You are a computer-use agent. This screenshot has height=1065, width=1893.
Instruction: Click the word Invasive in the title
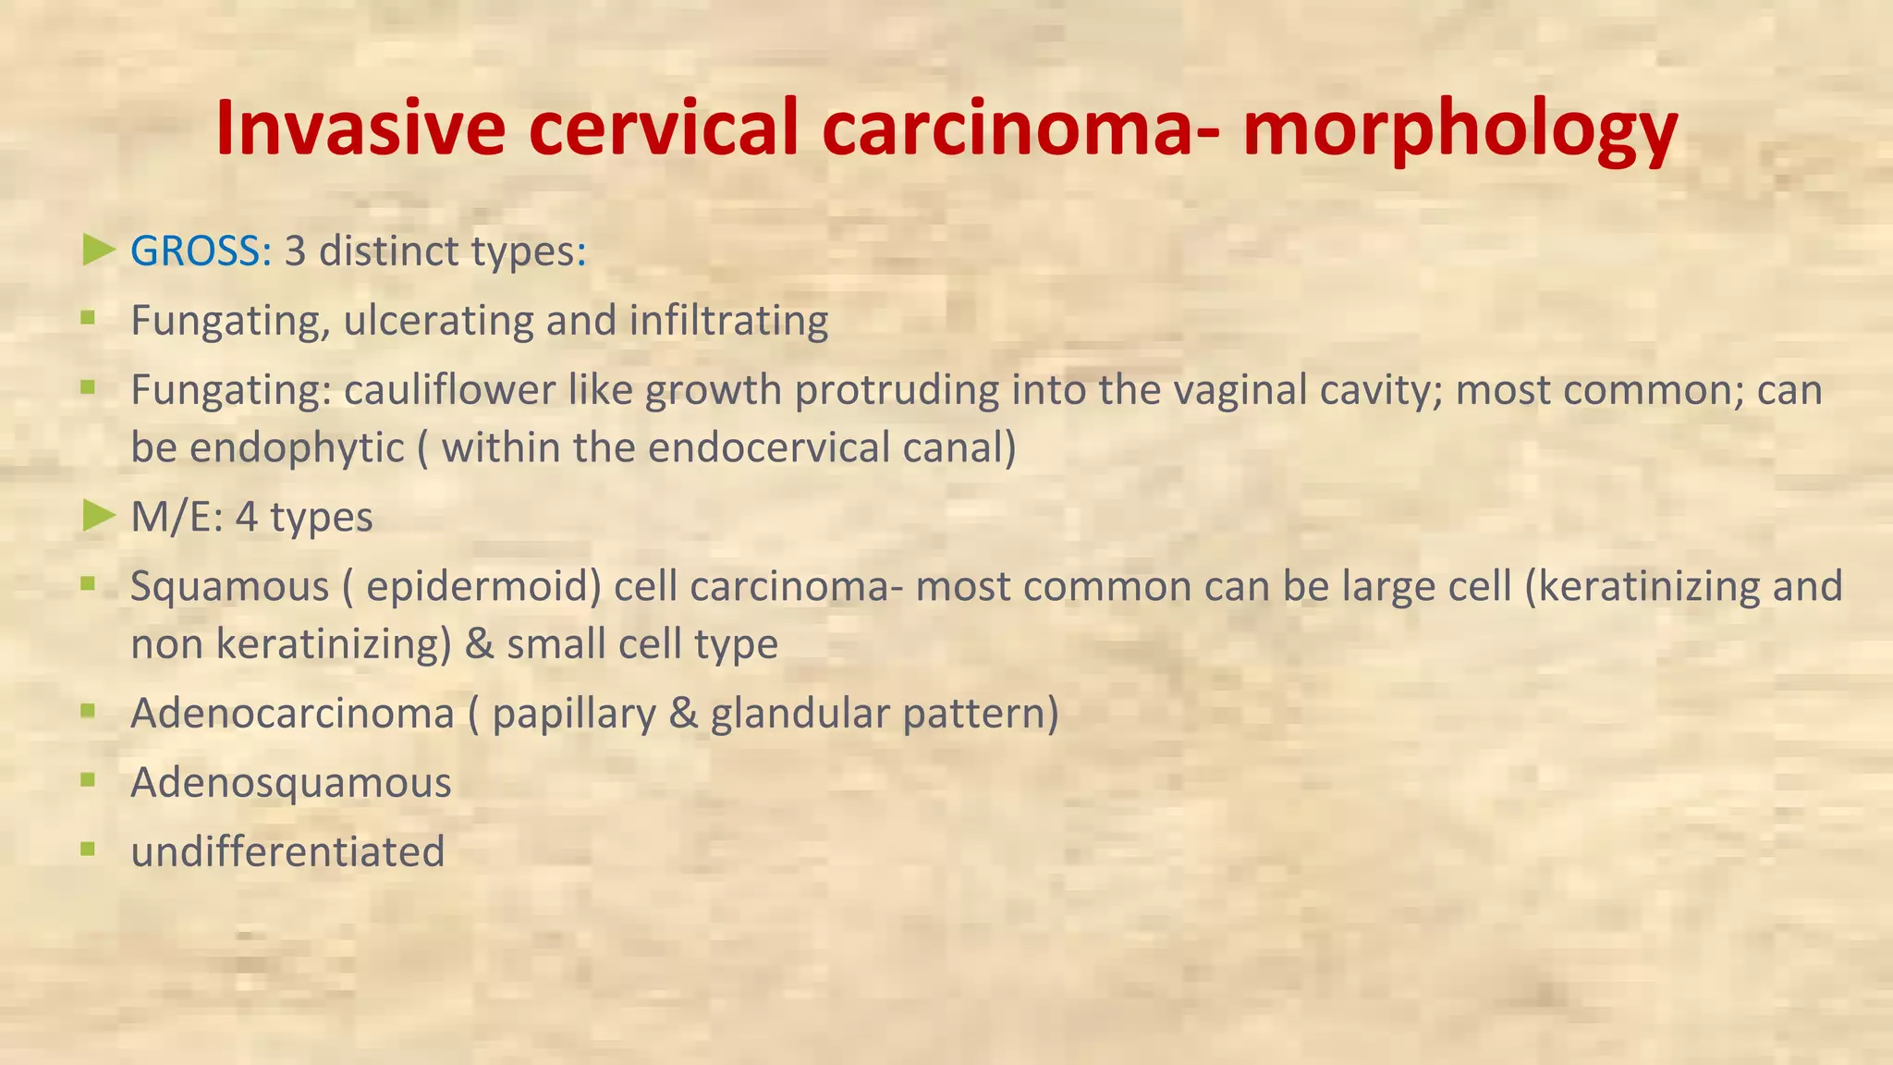tap(360, 128)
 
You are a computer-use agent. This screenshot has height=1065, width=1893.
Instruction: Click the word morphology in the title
tap(1459, 129)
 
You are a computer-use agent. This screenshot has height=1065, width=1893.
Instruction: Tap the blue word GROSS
tap(196, 251)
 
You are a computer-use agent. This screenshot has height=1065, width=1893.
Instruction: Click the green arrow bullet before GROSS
tap(98, 250)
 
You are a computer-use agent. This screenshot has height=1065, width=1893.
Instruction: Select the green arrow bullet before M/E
tap(98, 516)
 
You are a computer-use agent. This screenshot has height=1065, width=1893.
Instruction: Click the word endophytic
tap(297, 447)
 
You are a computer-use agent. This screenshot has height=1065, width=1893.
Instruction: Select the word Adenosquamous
tap(290, 782)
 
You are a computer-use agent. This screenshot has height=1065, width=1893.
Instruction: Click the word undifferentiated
tap(287, 851)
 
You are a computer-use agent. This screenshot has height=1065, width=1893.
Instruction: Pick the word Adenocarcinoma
tap(292, 713)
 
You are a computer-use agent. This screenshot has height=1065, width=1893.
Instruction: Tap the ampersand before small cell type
tap(479, 643)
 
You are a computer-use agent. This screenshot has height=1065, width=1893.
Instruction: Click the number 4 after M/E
tap(246, 517)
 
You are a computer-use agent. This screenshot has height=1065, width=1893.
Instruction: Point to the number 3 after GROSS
tap(295, 251)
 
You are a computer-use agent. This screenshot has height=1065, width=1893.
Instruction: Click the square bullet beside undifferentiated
tap(88, 848)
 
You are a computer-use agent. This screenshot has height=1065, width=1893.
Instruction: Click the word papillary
tap(573, 713)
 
